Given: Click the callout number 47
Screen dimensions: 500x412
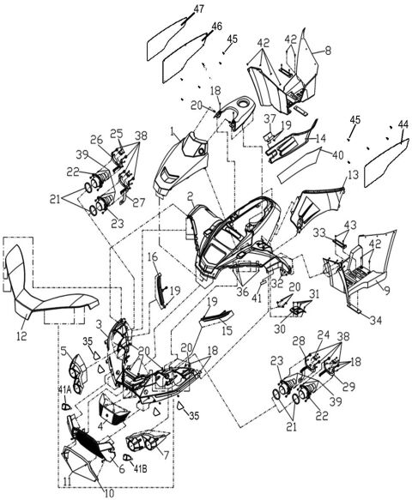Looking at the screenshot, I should (198, 9).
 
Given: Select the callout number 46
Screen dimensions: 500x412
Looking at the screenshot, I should (216, 27).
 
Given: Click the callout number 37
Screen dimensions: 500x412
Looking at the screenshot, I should (269, 118).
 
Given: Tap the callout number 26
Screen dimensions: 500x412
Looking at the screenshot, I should (96, 140).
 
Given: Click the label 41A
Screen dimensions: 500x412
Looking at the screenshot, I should (64, 391).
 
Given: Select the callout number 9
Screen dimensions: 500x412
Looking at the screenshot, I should (397, 290).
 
